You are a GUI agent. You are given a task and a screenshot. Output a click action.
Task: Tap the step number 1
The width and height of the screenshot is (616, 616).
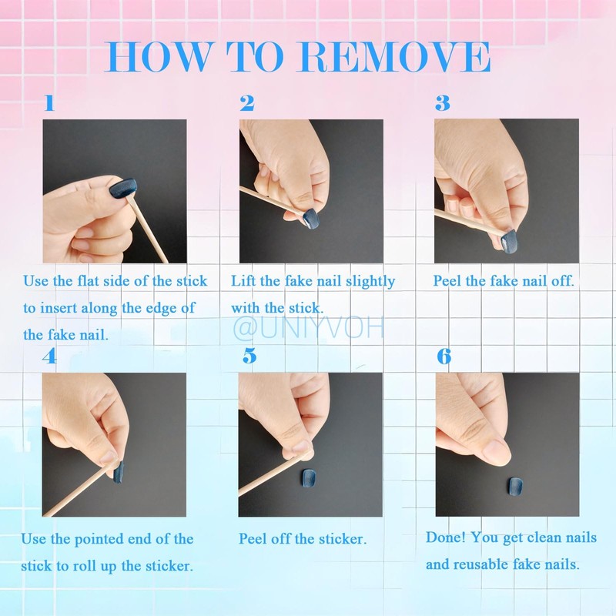[x=49, y=103]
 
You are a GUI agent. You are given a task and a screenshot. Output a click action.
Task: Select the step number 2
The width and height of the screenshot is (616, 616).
[x=246, y=103]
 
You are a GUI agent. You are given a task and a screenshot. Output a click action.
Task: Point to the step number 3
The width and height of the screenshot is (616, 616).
[x=442, y=103]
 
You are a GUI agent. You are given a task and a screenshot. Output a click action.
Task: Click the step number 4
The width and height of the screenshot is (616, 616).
[x=49, y=357]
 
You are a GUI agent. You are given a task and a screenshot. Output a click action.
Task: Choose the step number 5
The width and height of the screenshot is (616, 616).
[x=249, y=357]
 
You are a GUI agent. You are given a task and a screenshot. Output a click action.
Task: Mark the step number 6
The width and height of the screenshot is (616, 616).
[x=444, y=357]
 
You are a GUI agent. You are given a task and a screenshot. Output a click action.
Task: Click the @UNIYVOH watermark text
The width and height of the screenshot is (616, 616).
[x=308, y=329]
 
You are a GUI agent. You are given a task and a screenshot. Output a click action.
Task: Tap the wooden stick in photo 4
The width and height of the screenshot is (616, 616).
[x=77, y=490]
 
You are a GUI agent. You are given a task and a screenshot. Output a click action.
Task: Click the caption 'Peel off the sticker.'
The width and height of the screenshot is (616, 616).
[x=303, y=538]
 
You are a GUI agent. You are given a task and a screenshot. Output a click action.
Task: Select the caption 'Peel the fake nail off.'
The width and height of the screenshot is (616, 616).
[x=504, y=281]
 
